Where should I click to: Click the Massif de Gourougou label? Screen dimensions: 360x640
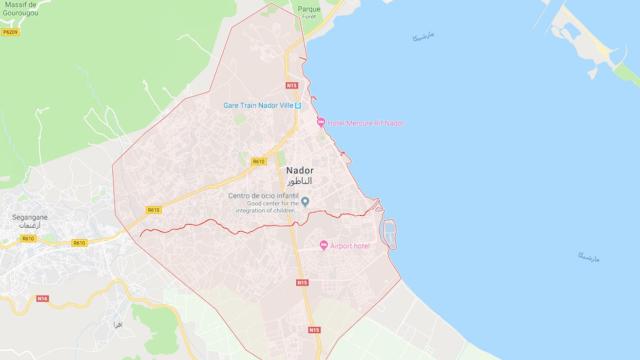20,10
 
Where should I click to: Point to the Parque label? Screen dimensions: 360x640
308,8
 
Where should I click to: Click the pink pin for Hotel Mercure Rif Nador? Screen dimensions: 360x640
321,123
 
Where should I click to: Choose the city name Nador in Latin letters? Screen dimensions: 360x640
299,170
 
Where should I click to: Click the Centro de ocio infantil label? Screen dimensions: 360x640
264,195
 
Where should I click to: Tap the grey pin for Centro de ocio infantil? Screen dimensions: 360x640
307,201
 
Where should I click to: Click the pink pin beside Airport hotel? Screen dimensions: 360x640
324,246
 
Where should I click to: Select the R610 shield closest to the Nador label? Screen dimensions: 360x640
258,161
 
